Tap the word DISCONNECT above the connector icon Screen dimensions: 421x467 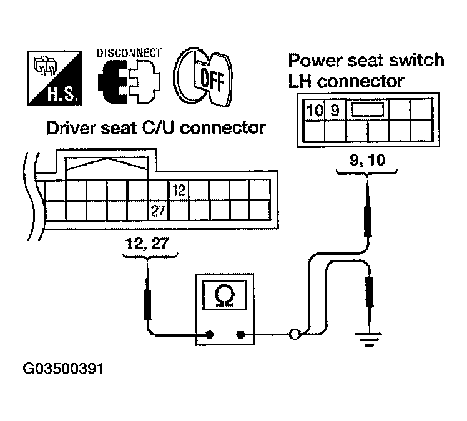click(129, 54)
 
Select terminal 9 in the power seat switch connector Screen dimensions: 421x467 click(335, 111)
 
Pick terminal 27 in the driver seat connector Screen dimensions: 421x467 click(158, 211)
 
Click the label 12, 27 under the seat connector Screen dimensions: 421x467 click(147, 245)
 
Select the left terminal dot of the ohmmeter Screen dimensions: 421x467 click(203, 334)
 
